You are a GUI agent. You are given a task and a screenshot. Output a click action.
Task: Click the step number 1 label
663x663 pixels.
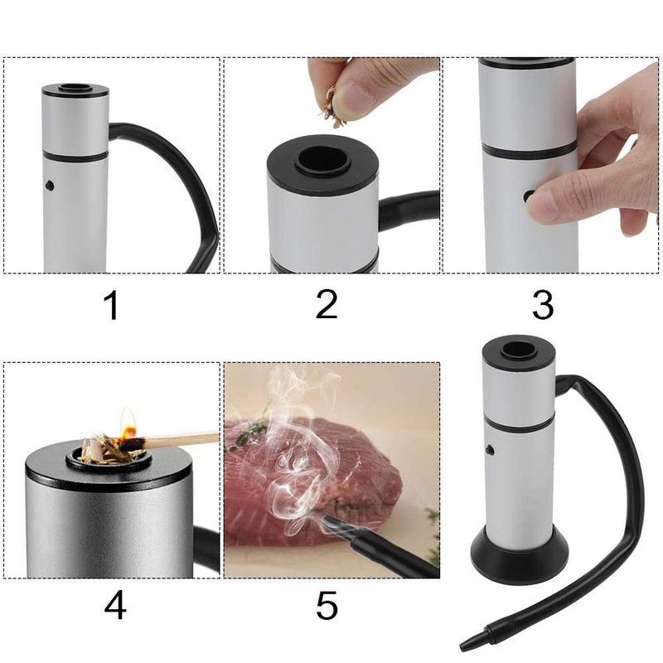tap(111, 306)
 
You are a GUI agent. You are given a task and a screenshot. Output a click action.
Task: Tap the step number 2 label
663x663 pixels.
tap(327, 304)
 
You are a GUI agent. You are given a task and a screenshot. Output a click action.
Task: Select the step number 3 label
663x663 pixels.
tap(542, 305)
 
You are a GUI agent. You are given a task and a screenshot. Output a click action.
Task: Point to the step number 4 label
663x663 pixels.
tap(114, 606)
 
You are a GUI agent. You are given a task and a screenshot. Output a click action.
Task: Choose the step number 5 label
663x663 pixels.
tap(327, 606)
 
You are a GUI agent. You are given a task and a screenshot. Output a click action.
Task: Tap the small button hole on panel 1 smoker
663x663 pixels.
tap(50, 185)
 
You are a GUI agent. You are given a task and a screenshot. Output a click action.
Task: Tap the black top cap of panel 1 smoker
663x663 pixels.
tap(75, 90)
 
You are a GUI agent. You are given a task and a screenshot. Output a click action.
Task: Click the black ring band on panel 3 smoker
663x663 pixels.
tap(529, 149)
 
